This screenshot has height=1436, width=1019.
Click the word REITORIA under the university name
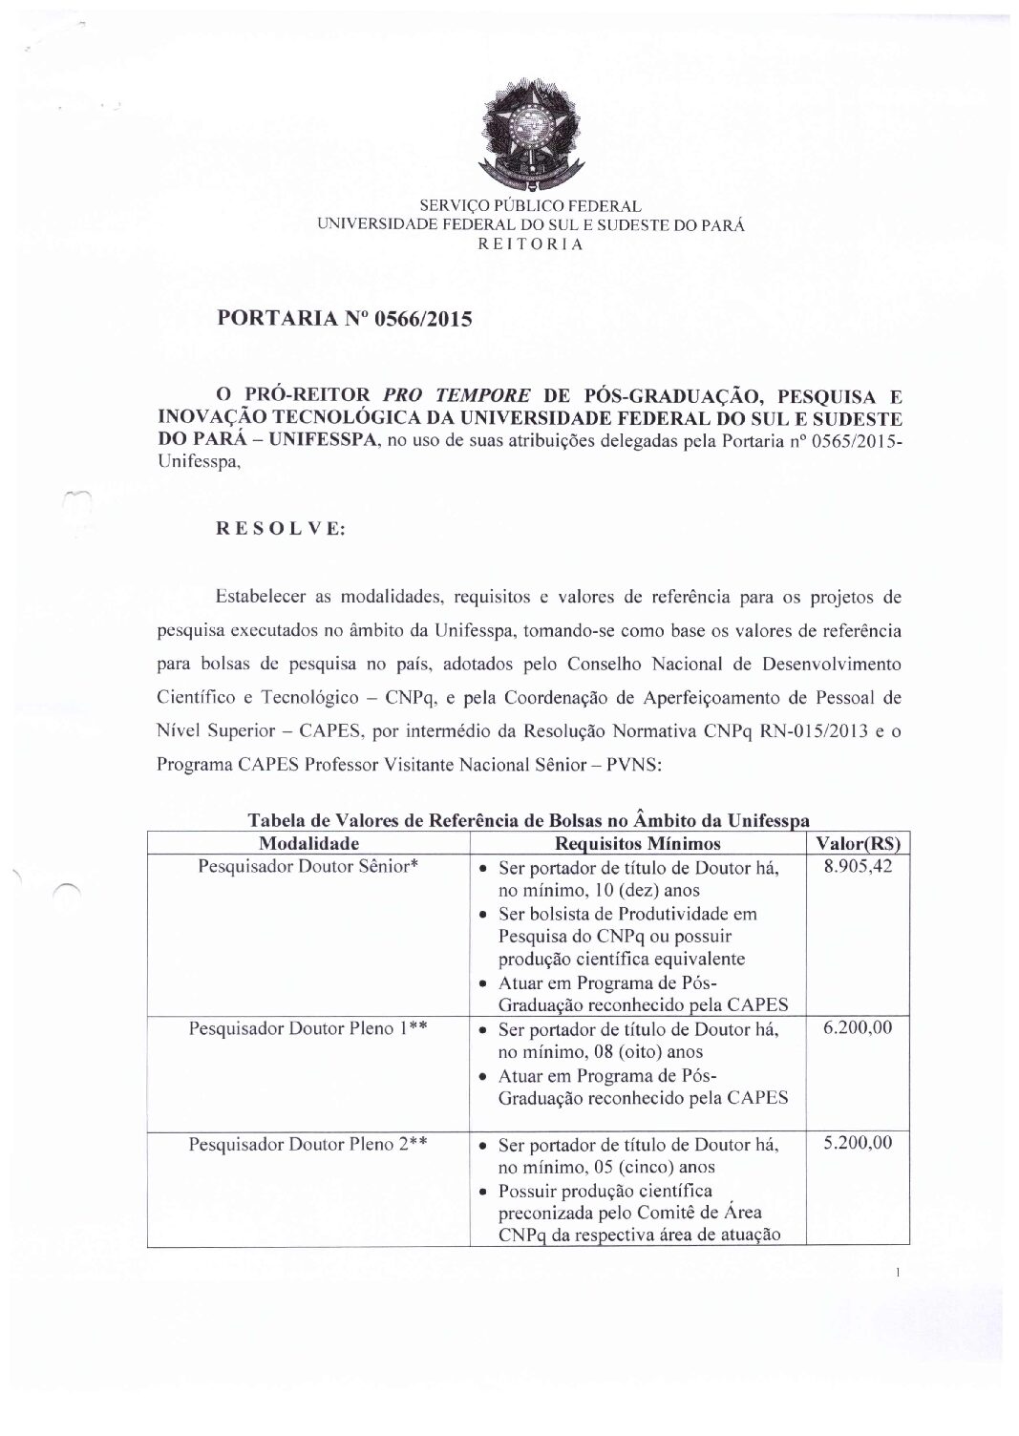(530, 243)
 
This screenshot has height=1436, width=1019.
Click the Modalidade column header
(308, 843)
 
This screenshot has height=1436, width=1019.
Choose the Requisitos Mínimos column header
(638, 843)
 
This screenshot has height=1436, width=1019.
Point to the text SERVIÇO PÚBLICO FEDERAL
(530, 206)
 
